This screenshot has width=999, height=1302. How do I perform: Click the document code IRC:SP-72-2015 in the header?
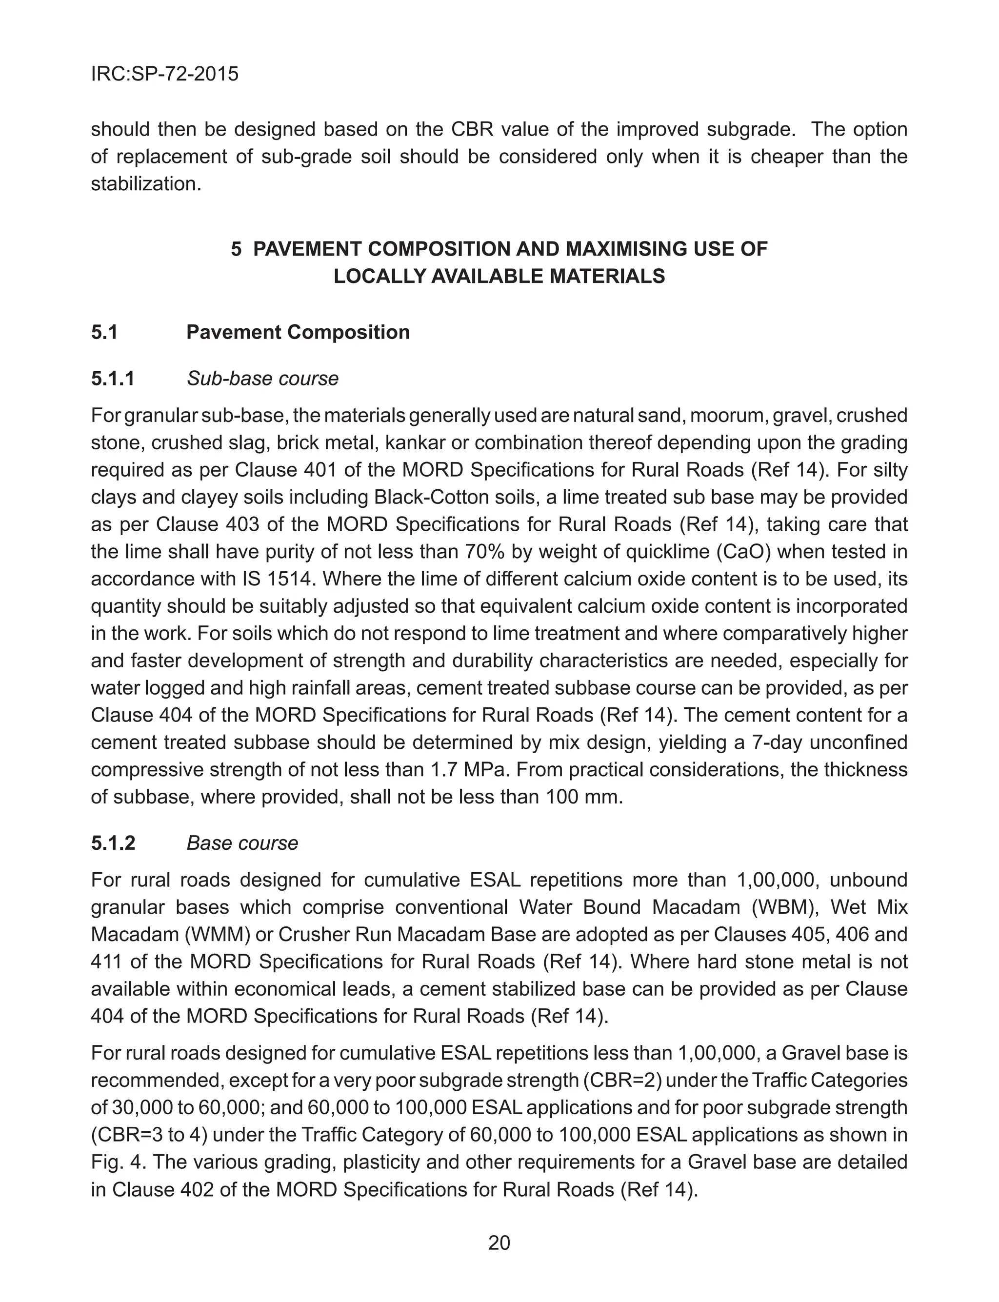165,74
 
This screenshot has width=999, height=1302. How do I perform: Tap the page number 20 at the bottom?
499,1243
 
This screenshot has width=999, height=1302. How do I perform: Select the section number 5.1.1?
113,379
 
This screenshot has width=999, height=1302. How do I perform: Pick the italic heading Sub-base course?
262,379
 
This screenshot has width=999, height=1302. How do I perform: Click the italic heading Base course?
242,843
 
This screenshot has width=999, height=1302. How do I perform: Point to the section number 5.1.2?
113,843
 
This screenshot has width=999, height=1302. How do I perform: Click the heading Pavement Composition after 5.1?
298,332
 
